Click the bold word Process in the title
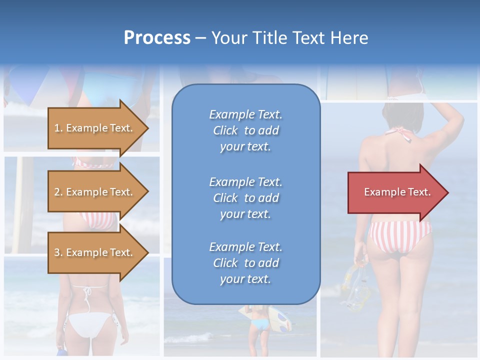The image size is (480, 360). [x=157, y=37]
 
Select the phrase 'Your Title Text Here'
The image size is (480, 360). [x=289, y=37]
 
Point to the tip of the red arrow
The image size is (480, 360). [x=447, y=192]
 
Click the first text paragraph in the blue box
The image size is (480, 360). [x=245, y=130]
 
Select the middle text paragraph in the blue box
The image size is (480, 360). [x=245, y=198]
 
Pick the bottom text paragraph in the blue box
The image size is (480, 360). [x=245, y=263]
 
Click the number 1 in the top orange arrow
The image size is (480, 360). [x=57, y=128]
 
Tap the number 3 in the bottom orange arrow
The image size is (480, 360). [x=57, y=252]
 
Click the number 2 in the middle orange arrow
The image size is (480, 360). [x=57, y=192]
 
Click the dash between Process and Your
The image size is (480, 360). [x=200, y=38]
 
